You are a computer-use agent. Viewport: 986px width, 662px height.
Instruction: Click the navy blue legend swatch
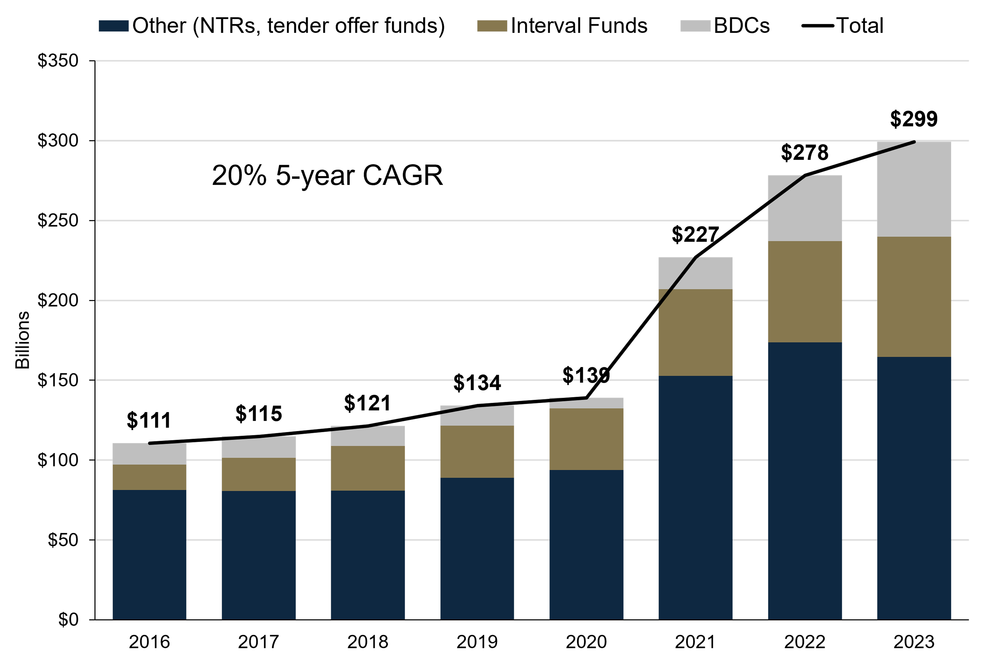(114, 26)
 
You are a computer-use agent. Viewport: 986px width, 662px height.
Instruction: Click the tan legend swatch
(492, 26)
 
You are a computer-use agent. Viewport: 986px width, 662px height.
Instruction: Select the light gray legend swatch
(695, 26)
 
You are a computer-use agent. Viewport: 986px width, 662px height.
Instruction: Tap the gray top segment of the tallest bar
(914, 194)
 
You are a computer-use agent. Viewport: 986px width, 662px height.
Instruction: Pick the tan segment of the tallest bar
(914, 297)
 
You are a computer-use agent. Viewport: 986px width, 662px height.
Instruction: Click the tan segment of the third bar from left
(368, 468)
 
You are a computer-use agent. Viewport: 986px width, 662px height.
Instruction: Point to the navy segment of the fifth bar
(586, 545)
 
